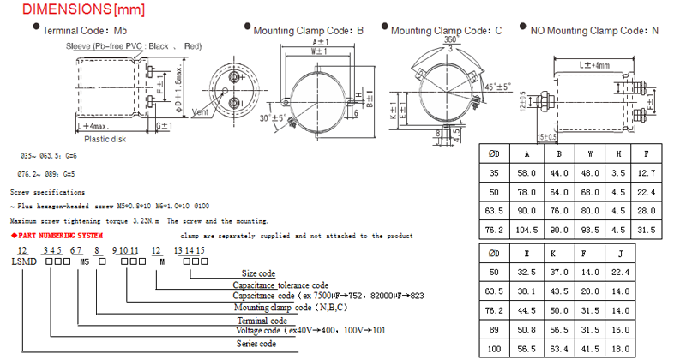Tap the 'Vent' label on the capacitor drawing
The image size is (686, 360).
(201, 111)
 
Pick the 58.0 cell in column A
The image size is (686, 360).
(525, 174)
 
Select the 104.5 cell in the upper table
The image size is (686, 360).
(525, 229)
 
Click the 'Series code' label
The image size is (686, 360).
(256, 343)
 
